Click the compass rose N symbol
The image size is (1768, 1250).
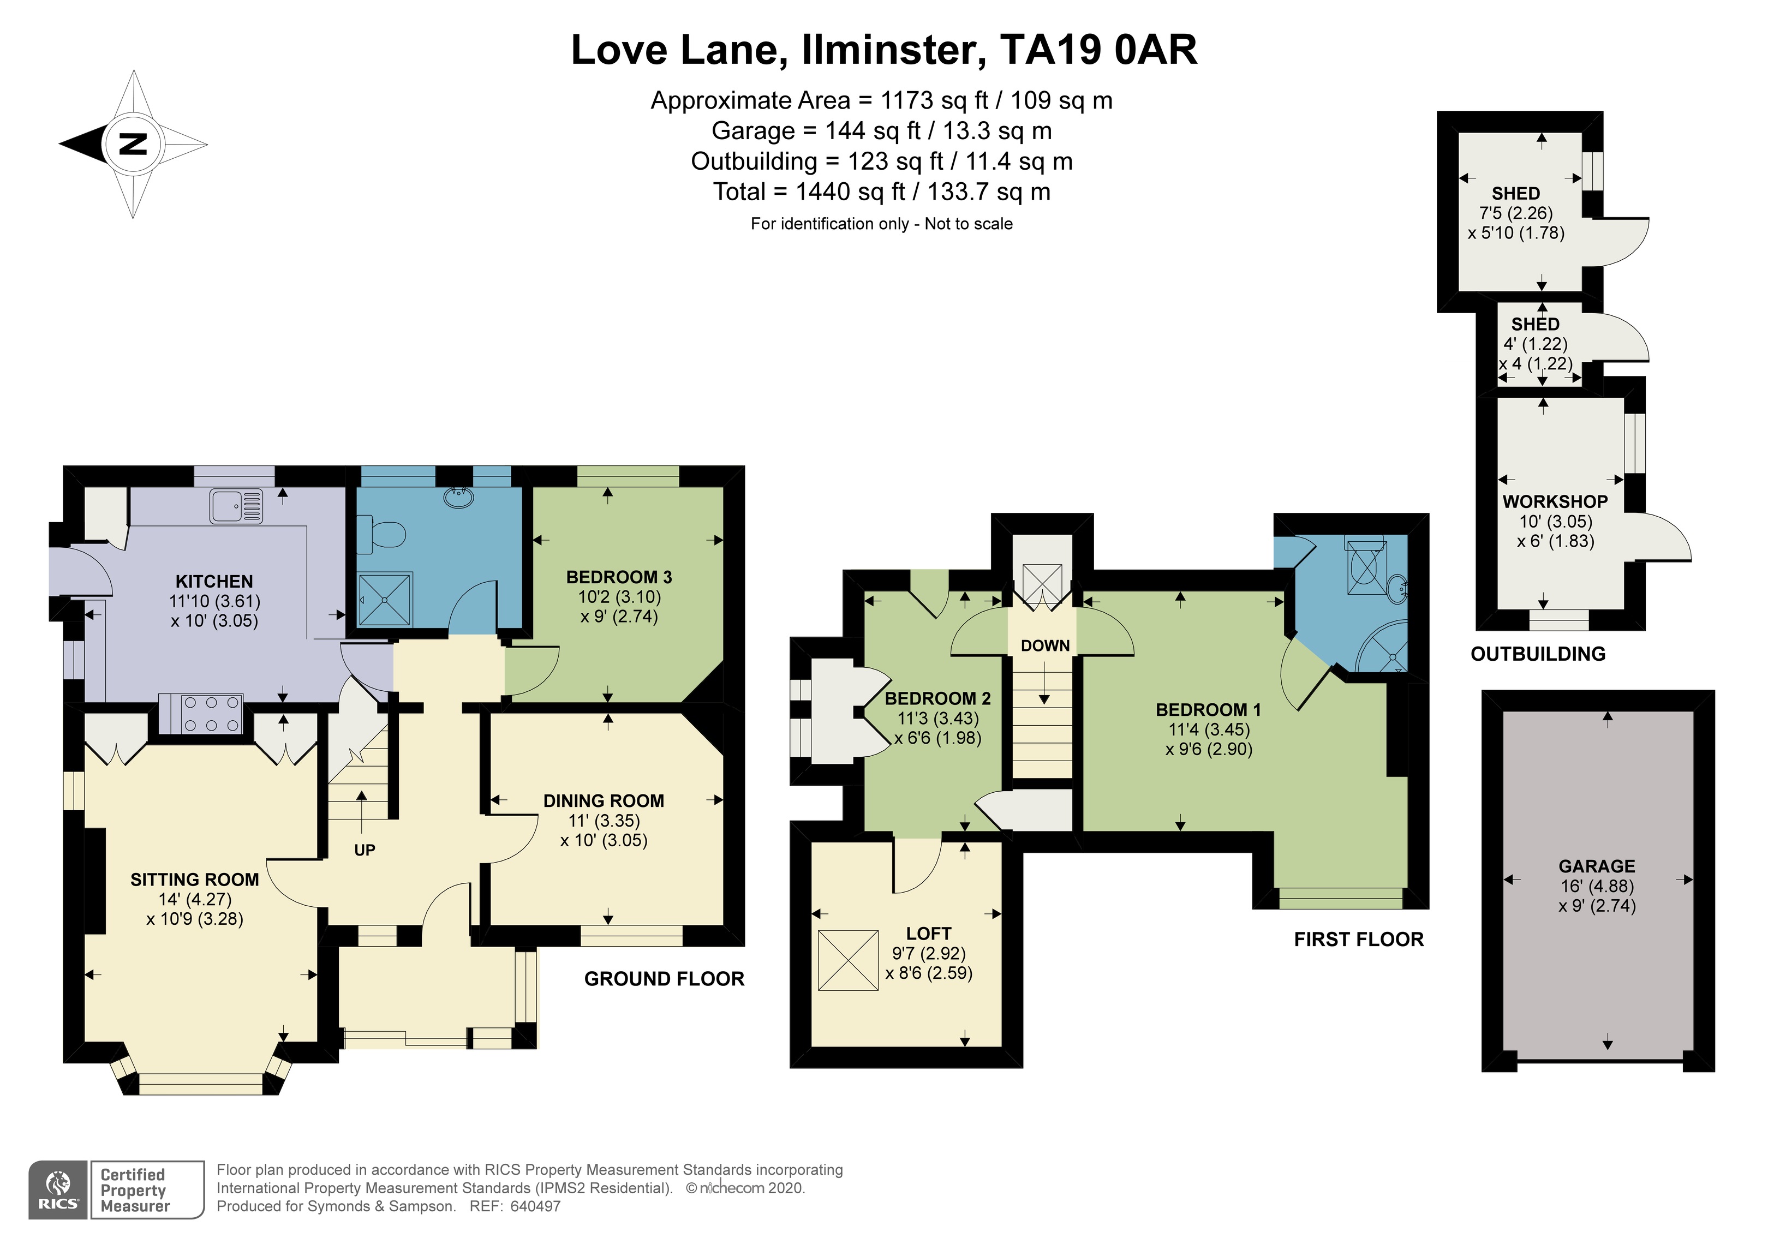(x=133, y=144)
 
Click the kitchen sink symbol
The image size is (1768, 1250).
(x=236, y=506)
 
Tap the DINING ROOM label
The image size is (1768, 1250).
(x=603, y=801)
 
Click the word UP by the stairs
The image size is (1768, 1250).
(x=364, y=850)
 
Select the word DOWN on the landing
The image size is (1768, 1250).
(x=1045, y=645)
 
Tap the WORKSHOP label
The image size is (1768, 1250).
(x=1555, y=501)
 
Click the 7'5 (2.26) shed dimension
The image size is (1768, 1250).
(x=1515, y=213)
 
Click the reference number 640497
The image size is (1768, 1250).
(x=535, y=1207)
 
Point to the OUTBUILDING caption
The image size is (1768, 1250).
(x=1537, y=654)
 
